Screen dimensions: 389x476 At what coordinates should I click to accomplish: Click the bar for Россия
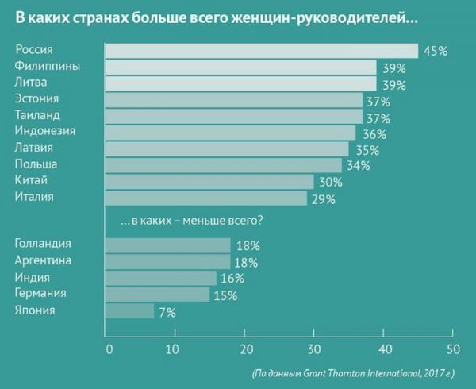click(262, 51)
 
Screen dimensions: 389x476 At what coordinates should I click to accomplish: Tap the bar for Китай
click(209, 182)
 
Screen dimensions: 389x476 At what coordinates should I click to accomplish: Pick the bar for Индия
click(160, 278)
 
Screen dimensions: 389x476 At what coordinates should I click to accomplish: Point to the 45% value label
click(436, 51)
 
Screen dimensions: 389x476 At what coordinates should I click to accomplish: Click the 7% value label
click(167, 312)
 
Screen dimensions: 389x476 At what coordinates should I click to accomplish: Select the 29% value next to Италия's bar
click(323, 199)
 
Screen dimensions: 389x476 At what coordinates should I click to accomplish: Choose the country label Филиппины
click(47, 66)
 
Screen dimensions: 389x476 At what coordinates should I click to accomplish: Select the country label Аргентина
click(44, 261)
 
